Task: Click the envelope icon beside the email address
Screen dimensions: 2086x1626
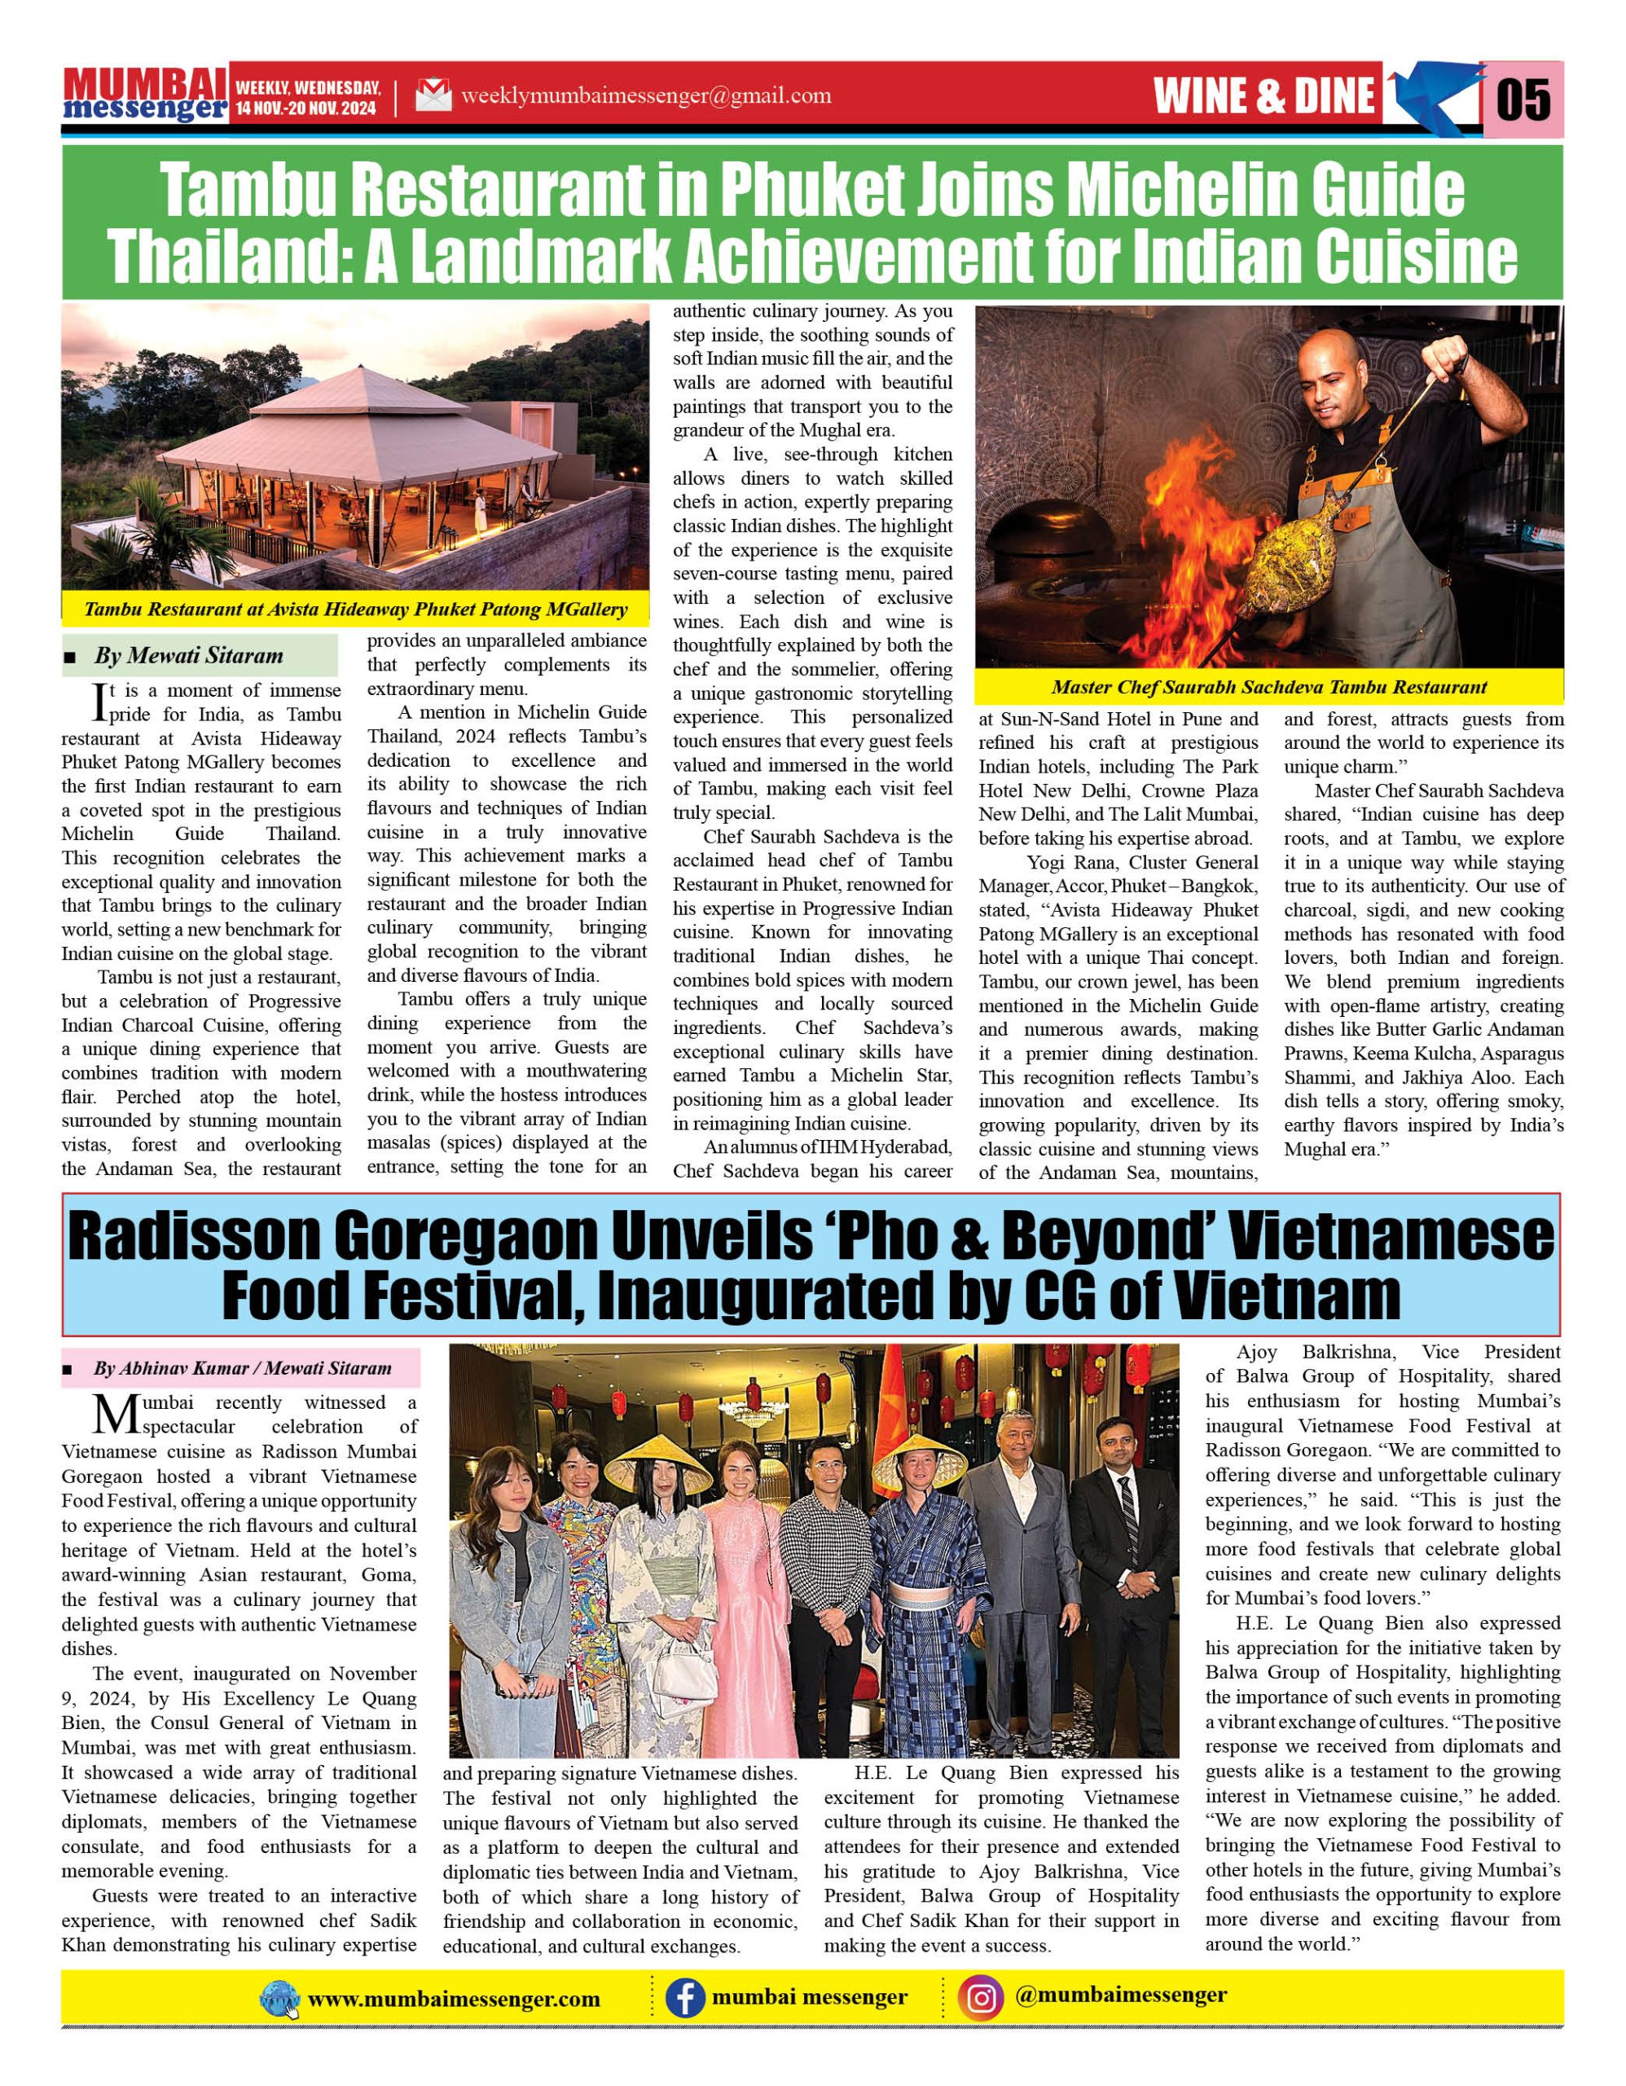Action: [x=433, y=95]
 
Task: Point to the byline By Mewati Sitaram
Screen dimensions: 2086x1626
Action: [x=188, y=655]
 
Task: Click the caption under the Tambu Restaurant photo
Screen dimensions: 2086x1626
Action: [x=355, y=609]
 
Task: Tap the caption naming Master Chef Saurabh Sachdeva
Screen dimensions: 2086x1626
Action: [x=1269, y=687]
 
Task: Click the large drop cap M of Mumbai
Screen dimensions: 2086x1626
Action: [x=116, y=1415]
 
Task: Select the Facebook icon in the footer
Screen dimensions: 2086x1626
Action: [x=684, y=1998]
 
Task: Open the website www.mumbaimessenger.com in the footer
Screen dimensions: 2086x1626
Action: [x=454, y=1999]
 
